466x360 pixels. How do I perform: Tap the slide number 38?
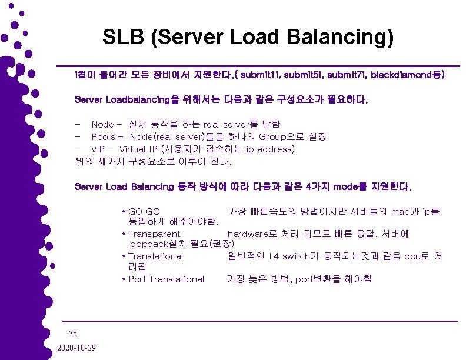pyautogui.click(x=73, y=332)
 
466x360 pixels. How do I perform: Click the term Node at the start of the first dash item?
pyautogui.click(x=102, y=125)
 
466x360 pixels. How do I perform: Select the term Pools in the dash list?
pyautogui.click(x=104, y=136)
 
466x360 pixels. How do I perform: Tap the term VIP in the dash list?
pyautogui.click(x=98, y=149)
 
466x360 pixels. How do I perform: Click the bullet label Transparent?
pyautogui.click(x=154, y=234)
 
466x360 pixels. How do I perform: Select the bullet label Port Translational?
pyautogui.click(x=166, y=279)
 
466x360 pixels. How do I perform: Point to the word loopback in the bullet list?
pyautogui.click(x=148, y=244)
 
